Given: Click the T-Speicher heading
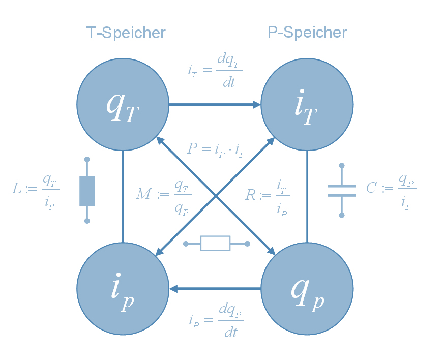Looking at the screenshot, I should (126, 33).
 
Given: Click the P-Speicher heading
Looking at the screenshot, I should (307, 33).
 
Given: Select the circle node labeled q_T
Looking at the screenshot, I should (123, 105).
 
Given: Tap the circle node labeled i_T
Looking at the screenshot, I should (307, 105).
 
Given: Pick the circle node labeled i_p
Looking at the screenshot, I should (123, 289).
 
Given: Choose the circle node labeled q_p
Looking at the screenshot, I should (307, 289).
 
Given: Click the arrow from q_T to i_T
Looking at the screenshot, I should (214, 105).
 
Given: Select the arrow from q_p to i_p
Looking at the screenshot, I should (215, 289).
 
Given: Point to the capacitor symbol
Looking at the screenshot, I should (341, 190).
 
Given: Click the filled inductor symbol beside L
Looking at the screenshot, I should (87, 190).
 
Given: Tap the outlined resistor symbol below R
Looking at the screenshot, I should (216, 244).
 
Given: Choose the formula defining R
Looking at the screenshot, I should (267, 195).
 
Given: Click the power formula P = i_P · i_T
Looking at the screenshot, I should (216, 149).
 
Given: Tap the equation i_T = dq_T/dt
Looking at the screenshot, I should (215, 71).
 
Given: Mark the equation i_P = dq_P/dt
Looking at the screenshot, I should (216, 321).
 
